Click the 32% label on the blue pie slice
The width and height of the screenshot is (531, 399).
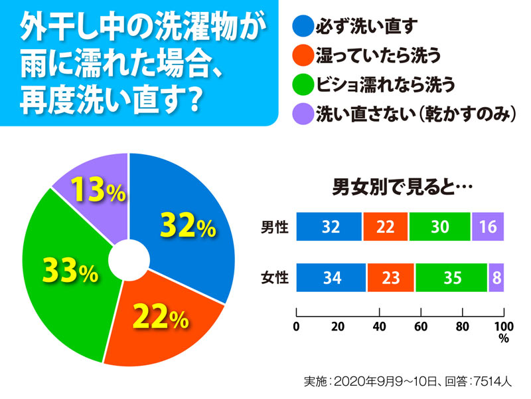(x=188, y=226)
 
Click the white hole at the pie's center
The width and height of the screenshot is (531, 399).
(x=128, y=260)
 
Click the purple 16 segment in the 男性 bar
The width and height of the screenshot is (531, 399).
(x=488, y=227)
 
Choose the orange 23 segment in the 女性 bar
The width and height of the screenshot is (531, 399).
(x=390, y=277)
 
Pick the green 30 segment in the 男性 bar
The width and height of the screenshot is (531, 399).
(x=439, y=227)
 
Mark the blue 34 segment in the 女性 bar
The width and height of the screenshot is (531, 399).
(x=331, y=277)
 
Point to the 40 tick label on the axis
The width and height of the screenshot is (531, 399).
(x=379, y=326)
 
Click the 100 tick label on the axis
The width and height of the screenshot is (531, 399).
(x=504, y=326)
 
